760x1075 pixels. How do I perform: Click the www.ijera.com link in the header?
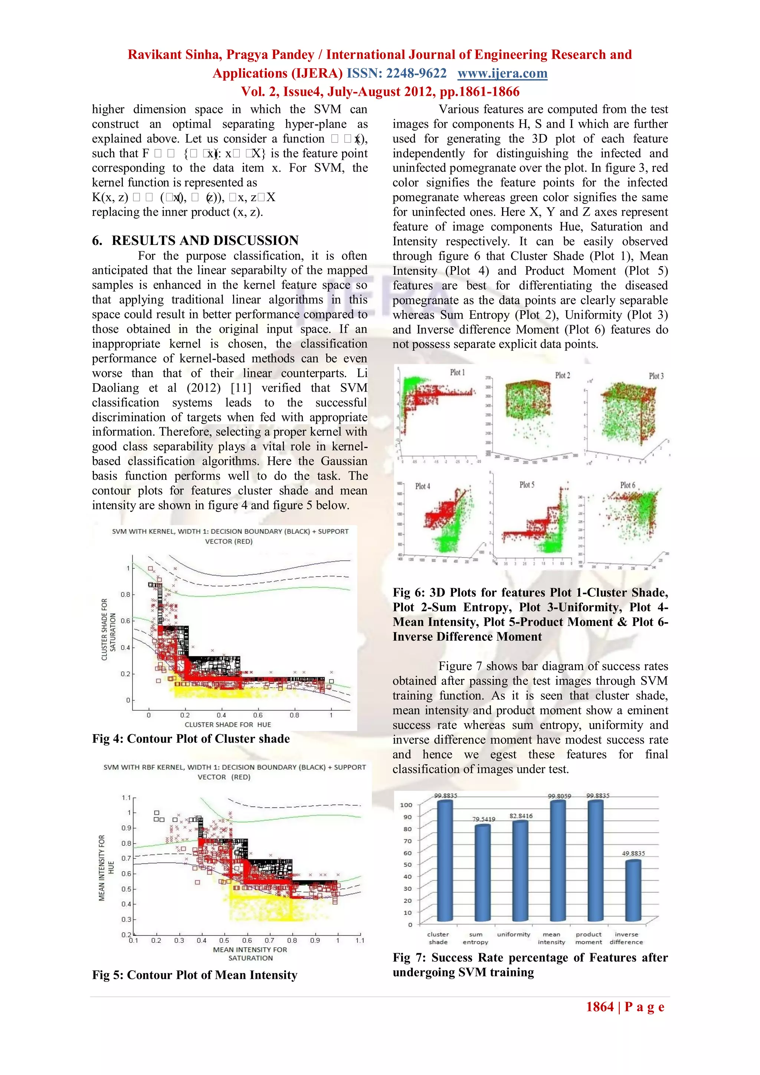502,73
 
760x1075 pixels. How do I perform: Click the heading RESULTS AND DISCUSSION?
205,241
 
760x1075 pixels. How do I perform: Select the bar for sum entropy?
482,873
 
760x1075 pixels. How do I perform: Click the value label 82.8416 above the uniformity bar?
521,816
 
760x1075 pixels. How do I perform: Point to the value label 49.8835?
633,853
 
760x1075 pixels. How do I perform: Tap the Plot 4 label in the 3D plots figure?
423,487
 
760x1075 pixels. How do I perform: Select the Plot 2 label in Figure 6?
563,376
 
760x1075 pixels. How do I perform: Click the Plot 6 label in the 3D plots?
628,485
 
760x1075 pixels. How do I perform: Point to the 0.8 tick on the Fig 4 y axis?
125,595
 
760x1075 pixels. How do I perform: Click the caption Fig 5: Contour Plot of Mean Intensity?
195,975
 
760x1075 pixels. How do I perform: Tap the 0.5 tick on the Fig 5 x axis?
224,940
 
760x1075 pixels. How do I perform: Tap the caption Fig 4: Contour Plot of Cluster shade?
191,739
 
